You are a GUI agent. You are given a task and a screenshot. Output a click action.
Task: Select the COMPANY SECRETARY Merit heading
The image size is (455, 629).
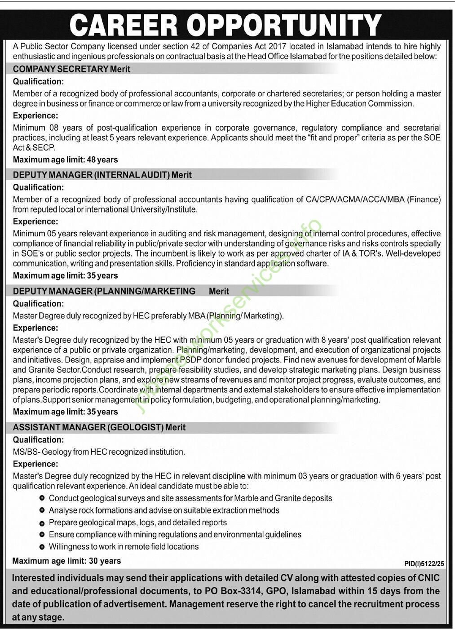[72, 69]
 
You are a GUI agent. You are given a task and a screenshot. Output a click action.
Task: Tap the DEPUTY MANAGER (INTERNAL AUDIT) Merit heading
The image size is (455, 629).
[102, 175]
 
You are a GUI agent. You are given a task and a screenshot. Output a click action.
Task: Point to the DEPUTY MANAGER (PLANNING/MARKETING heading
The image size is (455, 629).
[104, 291]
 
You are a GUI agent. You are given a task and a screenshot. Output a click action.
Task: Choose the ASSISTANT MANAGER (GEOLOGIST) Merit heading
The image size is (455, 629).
[99, 427]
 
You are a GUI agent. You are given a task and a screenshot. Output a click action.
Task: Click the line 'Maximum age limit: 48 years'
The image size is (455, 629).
[66, 159]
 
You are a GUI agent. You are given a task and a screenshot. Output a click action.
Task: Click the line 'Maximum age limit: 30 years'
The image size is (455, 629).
[66, 561]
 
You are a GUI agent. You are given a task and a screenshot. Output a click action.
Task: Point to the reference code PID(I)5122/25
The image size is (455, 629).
[423, 563]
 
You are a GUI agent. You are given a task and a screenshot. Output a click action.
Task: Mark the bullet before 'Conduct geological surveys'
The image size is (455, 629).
[42, 498]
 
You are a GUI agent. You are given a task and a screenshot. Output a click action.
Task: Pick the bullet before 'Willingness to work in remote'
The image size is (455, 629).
[42, 547]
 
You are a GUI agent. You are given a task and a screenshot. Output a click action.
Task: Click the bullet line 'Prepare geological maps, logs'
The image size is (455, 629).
[137, 523]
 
